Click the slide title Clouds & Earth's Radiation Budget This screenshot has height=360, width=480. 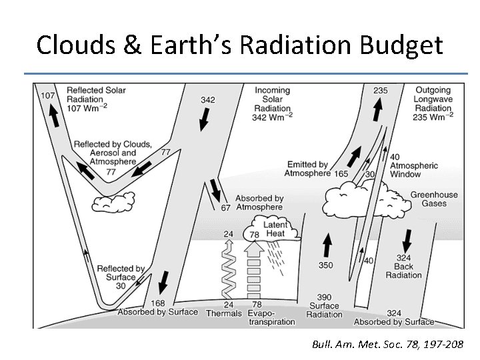(x=239, y=45)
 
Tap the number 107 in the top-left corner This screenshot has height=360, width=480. (x=48, y=95)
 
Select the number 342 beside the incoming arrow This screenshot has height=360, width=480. (x=207, y=100)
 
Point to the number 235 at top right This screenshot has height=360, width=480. (x=381, y=91)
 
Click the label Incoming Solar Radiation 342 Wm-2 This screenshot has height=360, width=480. (x=273, y=104)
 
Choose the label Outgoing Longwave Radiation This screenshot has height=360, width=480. (x=434, y=103)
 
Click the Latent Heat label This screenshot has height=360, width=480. (x=274, y=230)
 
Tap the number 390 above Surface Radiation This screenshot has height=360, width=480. (x=324, y=297)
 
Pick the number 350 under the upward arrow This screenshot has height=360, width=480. (x=325, y=265)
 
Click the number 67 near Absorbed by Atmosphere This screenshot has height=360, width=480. (x=225, y=207)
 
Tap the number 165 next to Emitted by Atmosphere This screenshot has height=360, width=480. (x=341, y=173)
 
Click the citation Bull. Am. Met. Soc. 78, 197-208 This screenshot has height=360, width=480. (x=391, y=345)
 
